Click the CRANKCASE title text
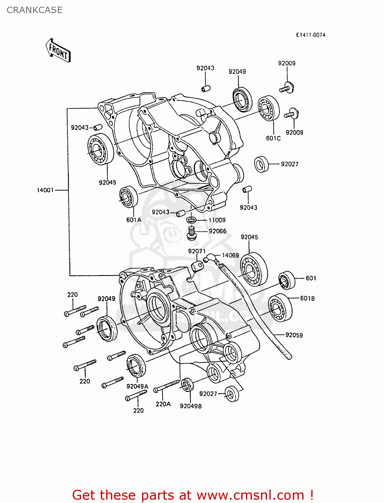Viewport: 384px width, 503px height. coord(35,10)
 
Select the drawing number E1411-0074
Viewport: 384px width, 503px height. coord(310,35)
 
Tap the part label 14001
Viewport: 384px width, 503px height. coord(45,190)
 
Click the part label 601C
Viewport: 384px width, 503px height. coord(273,138)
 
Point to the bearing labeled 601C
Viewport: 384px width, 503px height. coord(269,108)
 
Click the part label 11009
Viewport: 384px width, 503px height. coord(217,220)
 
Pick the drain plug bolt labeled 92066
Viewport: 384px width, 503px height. coord(191,233)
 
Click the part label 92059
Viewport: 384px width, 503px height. coord(294,335)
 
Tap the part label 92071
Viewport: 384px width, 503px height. coord(197,251)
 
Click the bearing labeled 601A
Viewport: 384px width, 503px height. coord(129,197)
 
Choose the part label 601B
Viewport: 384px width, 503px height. coord(307,298)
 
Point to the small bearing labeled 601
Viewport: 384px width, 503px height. coord(286,280)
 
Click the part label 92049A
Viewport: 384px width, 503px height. coord(137,386)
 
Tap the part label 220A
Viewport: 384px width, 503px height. coord(163,404)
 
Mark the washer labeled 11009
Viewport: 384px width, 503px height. coord(191,220)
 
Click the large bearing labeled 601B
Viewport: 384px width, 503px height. coord(280,308)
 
